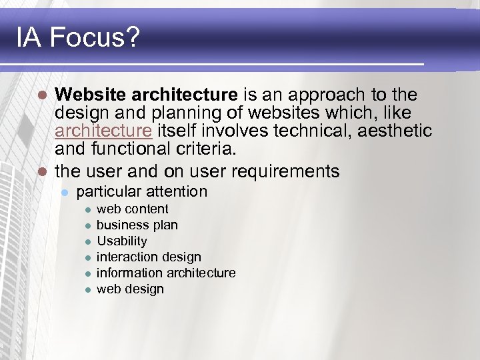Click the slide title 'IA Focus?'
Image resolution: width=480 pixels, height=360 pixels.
(x=78, y=38)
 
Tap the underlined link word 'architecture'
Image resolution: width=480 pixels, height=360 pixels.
(x=103, y=131)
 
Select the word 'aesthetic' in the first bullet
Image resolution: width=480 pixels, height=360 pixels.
(x=395, y=131)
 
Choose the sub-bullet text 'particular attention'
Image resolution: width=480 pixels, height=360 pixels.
(x=142, y=192)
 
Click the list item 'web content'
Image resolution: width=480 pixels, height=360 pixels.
(x=133, y=209)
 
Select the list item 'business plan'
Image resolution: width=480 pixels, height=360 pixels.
(x=137, y=225)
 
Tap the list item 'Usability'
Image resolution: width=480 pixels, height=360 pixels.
(x=122, y=241)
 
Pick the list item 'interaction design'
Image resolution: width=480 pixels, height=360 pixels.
(x=149, y=257)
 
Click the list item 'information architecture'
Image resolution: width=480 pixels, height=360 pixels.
(x=166, y=273)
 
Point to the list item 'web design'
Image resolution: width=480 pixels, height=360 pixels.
(x=130, y=289)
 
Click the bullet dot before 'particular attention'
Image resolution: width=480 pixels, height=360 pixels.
(x=65, y=193)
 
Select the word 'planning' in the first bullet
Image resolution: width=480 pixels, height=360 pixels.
(x=162, y=113)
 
